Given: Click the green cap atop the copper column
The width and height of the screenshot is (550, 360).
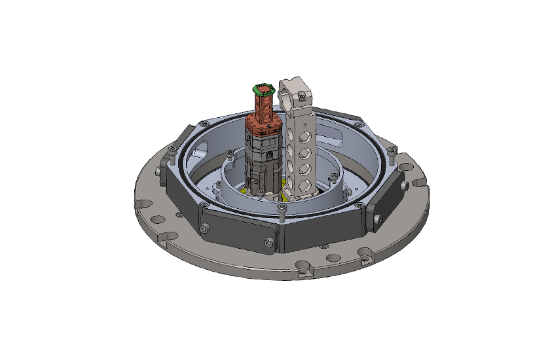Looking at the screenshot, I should coord(263,89).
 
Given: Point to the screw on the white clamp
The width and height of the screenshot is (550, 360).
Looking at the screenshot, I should coord(302,98).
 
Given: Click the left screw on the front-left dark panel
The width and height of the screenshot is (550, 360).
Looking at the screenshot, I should coord(206,227).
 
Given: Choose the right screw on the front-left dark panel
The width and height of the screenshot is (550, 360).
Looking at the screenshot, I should coord(269,243).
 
